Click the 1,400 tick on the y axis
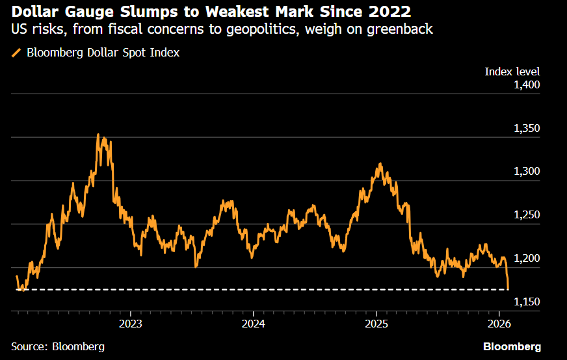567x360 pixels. [527, 84]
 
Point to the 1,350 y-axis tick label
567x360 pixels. [527, 128]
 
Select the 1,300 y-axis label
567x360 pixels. [527, 172]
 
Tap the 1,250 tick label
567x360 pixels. [527, 215]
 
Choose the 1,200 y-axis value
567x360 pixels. [527, 259]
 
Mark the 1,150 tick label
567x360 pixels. [527, 302]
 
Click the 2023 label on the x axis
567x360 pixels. [131, 323]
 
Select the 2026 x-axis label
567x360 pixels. [499, 323]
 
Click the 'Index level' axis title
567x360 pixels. [512, 71]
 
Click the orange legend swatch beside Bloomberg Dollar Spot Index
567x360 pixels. [16, 53]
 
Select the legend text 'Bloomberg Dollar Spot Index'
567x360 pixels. [103, 53]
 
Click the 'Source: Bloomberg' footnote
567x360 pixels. [58, 346]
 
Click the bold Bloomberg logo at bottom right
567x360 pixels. [512, 346]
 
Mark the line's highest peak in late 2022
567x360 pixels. [98, 135]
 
